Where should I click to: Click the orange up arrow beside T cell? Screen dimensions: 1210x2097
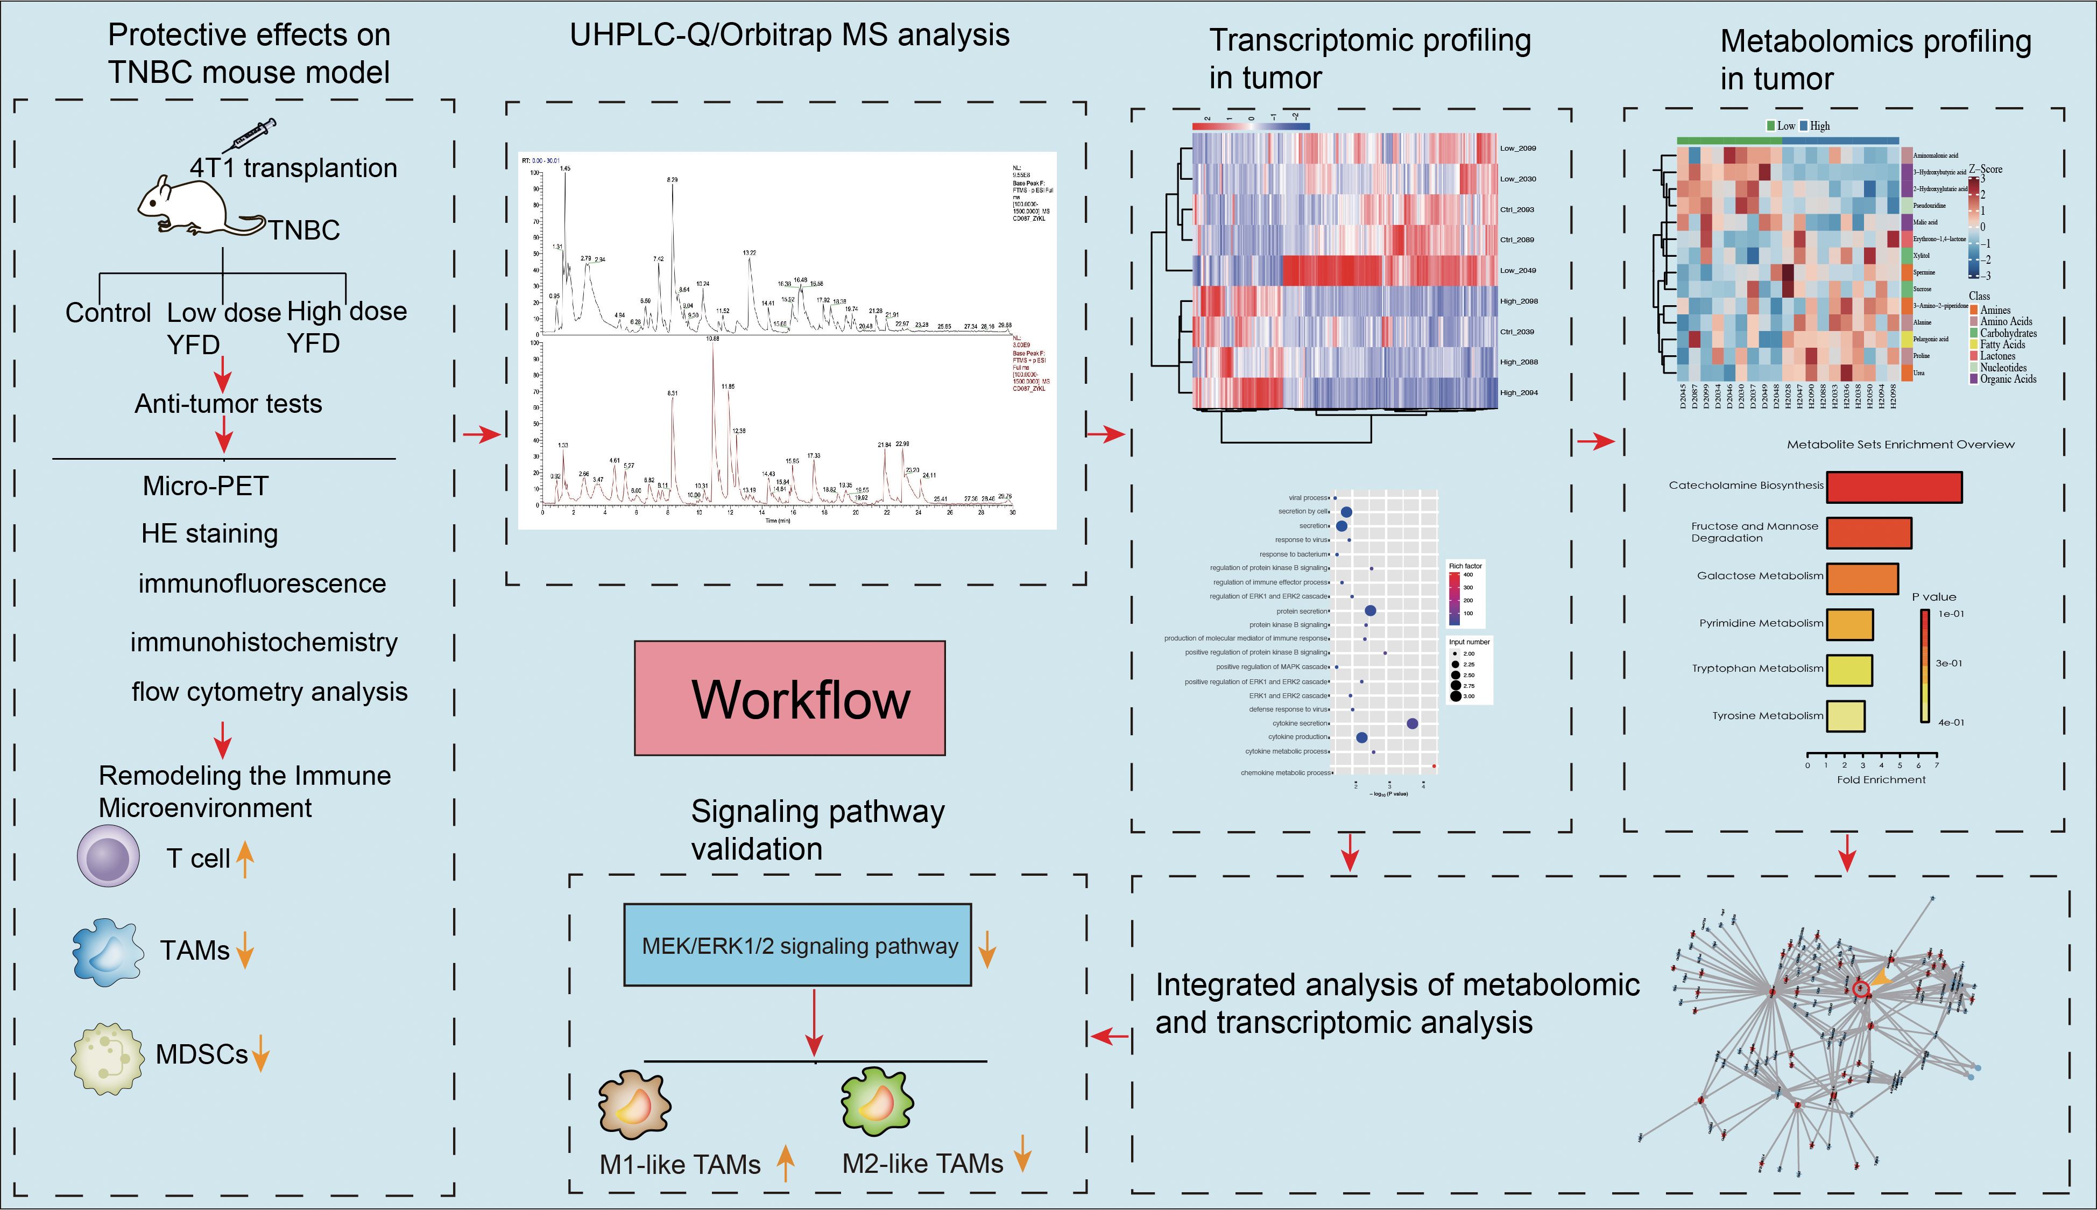tap(244, 859)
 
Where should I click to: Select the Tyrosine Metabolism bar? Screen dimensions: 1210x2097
tap(1845, 715)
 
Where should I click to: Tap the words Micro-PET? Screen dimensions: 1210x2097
tap(205, 486)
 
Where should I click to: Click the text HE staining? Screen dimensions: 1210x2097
tap(209, 533)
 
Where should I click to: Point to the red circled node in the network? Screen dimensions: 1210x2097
tap(1861, 989)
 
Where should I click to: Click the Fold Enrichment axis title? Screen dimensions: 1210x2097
tap(1881, 779)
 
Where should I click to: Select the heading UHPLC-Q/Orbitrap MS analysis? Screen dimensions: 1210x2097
tap(789, 35)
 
